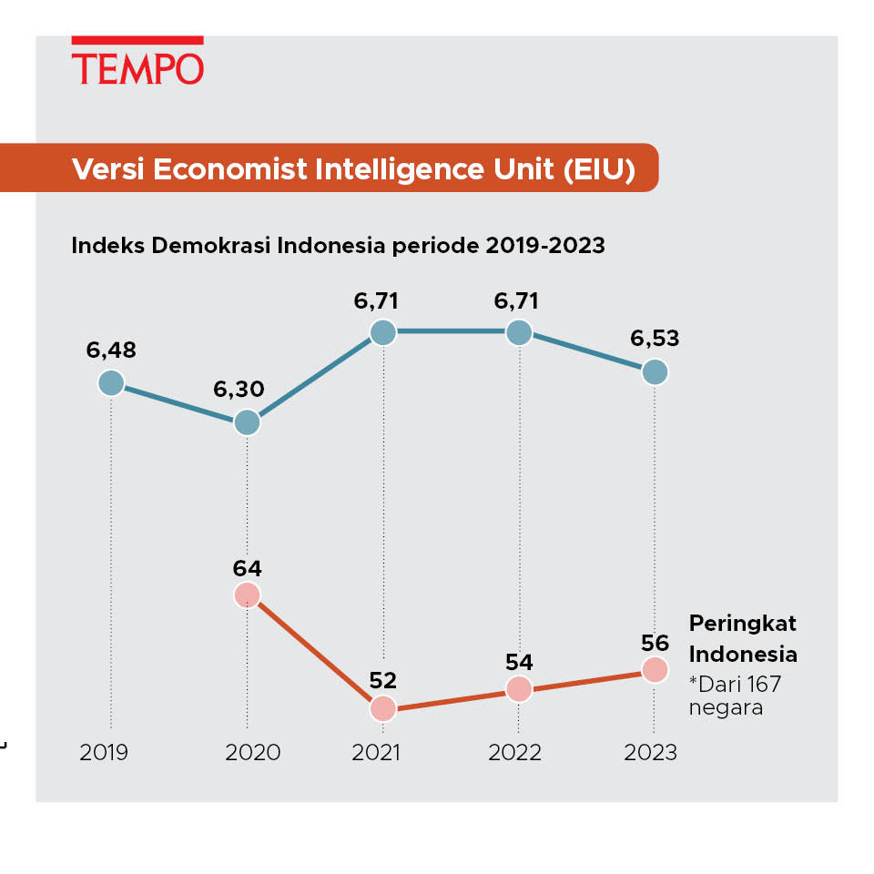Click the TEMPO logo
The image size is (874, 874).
click(x=137, y=63)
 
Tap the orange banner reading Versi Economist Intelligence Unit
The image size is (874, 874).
click(x=353, y=168)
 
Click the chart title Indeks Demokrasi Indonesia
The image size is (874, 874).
click(x=338, y=246)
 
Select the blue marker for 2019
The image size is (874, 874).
click(x=111, y=383)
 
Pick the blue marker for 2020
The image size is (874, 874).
click(x=247, y=422)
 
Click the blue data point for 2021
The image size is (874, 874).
click(x=383, y=332)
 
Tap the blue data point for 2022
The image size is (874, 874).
click(x=519, y=332)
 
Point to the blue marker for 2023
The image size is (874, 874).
click(x=655, y=371)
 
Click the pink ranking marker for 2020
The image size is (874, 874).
click(x=247, y=595)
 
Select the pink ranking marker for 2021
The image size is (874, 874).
click(x=383, y=708)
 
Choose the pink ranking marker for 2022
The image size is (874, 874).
click(x=519, y=689)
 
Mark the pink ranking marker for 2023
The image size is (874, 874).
click(x=655, y=670)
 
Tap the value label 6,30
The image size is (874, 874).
click(x=239, y=390)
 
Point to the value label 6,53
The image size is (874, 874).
click(x=655, y=339)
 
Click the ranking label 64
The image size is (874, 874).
click(x=247, y=569)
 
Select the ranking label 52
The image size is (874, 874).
click(x=383, y=681)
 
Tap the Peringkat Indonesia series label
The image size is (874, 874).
click(x=743, y=638)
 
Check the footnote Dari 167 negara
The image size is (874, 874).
click(x=736, y=695)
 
